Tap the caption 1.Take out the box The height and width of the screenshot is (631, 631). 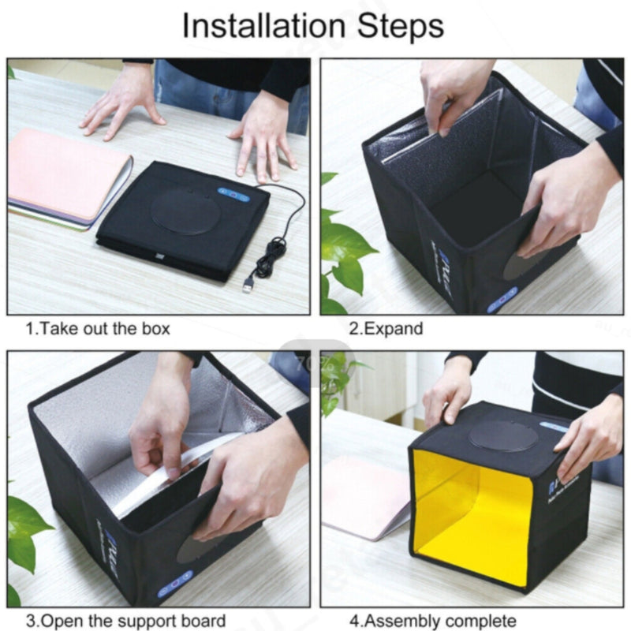[x=98, y=328]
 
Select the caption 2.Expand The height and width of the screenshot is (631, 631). [x=386, y=328]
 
